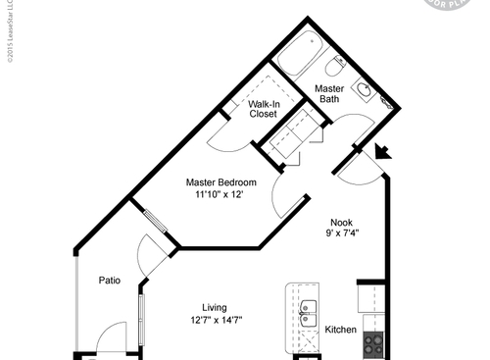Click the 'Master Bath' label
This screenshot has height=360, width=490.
tap(327, 93)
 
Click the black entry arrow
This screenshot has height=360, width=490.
tap(382, 150)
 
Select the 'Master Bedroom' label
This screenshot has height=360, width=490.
tap(221, 181)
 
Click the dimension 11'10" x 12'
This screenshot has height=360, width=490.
tap(219, 194)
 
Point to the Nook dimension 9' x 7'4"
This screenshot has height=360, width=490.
tap(343, 233)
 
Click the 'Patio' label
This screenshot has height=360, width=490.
tap(109, 281)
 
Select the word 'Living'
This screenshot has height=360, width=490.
tap(216, 306)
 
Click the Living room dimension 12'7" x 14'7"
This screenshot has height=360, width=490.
tap(217, 320)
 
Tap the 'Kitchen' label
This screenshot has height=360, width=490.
tap(340, 330)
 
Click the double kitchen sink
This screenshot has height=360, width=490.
tap(309, 312)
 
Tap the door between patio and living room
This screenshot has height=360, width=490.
tap(153, 257)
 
